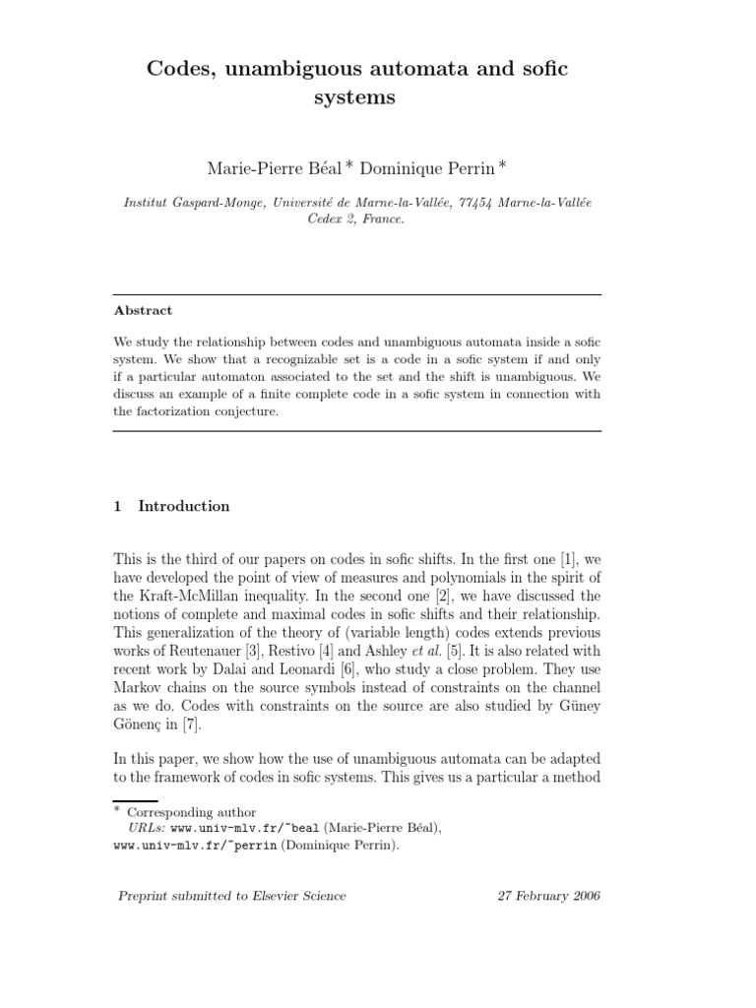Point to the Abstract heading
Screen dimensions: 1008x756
pos(143,310)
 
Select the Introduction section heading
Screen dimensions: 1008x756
pos(184,506)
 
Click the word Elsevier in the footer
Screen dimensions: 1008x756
pos(270,896)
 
